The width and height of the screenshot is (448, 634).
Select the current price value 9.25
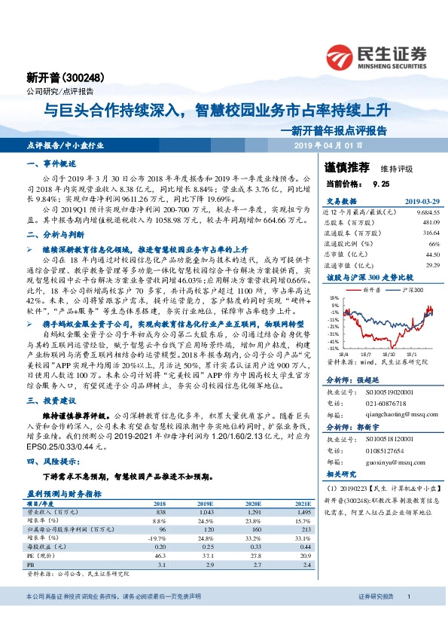(380, 183)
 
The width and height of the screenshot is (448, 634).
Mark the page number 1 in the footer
(407, 618)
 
